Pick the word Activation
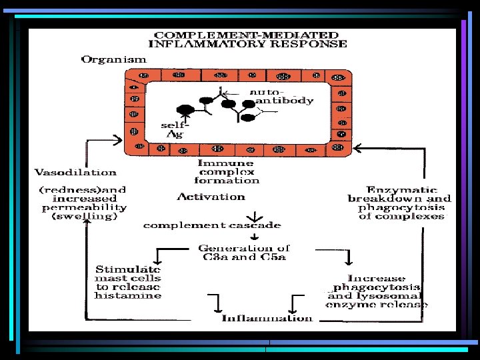[211, 196]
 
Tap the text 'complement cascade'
[212, 225]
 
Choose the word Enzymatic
[399, 189]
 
